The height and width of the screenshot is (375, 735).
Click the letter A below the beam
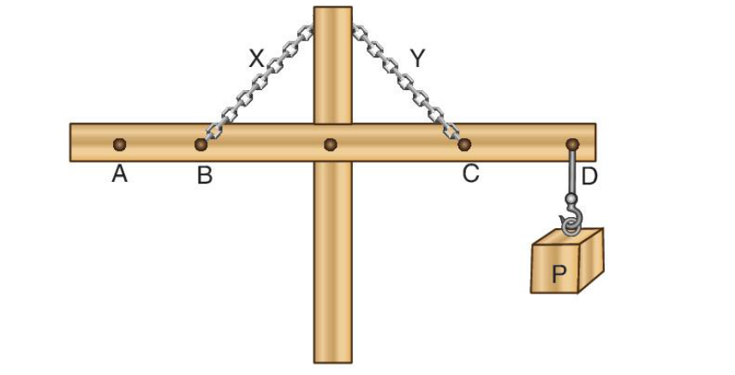[x=120, y=174]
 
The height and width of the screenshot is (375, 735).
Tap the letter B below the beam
[x=205, y=176]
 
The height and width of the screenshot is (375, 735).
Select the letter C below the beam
[x=470, y=173]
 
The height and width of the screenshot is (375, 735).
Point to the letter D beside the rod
[x=589, y=177]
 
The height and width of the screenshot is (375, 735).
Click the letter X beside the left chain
[x=256, y=59]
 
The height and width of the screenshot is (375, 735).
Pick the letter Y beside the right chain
[x=417, y=58]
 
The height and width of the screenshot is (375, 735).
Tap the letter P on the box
[x=559, y=274]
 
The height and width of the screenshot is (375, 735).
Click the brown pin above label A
[x=120, y=144]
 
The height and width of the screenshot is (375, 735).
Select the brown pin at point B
[x=201, y=144]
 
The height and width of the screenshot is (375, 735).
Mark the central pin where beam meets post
[x=331, y=144]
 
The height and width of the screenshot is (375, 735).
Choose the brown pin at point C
[x=464, y=144]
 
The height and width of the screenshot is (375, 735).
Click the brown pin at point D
[x=572, y=144]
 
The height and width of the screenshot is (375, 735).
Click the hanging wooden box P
[x=567, y=261]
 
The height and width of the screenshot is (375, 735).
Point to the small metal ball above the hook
[x=571, y=199]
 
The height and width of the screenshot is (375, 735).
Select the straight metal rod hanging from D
[x=572, y=172]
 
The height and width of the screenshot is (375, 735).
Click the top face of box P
[x=568, y=238]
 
